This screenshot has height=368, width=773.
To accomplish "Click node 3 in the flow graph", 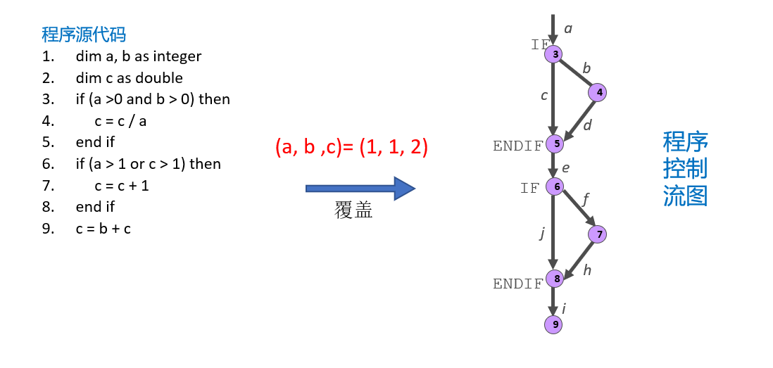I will click(555, 53).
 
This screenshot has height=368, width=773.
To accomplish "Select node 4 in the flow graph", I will click(598, 92).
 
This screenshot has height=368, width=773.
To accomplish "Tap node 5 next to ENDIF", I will click(555, 144).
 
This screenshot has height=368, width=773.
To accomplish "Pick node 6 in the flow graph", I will click(555, 186).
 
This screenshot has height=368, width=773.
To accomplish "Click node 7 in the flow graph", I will click(598, 234).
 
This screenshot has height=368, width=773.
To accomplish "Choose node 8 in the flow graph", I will click(555, 279).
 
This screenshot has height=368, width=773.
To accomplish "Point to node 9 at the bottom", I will click(555, 324).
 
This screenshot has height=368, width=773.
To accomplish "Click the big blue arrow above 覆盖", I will click(360, 189).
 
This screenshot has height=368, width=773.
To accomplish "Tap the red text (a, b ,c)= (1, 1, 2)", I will click(351, 148).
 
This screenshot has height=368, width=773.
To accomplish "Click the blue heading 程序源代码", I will click(84, 34).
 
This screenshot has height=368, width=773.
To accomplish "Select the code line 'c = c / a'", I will click(121, 120).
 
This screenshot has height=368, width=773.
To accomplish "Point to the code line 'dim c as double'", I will click(129, 77).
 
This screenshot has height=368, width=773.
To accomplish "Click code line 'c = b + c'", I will click(103, 228).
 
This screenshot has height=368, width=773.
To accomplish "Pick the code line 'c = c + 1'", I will click(121, 185).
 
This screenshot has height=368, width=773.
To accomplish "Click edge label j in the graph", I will click(542, 233).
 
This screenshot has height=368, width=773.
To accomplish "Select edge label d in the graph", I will click(587, 125).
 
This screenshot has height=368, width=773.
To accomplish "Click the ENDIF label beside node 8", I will click(517, 284).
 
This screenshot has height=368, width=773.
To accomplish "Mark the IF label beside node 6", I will click(529, 188).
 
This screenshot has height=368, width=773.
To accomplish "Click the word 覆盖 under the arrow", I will click(353, 211).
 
